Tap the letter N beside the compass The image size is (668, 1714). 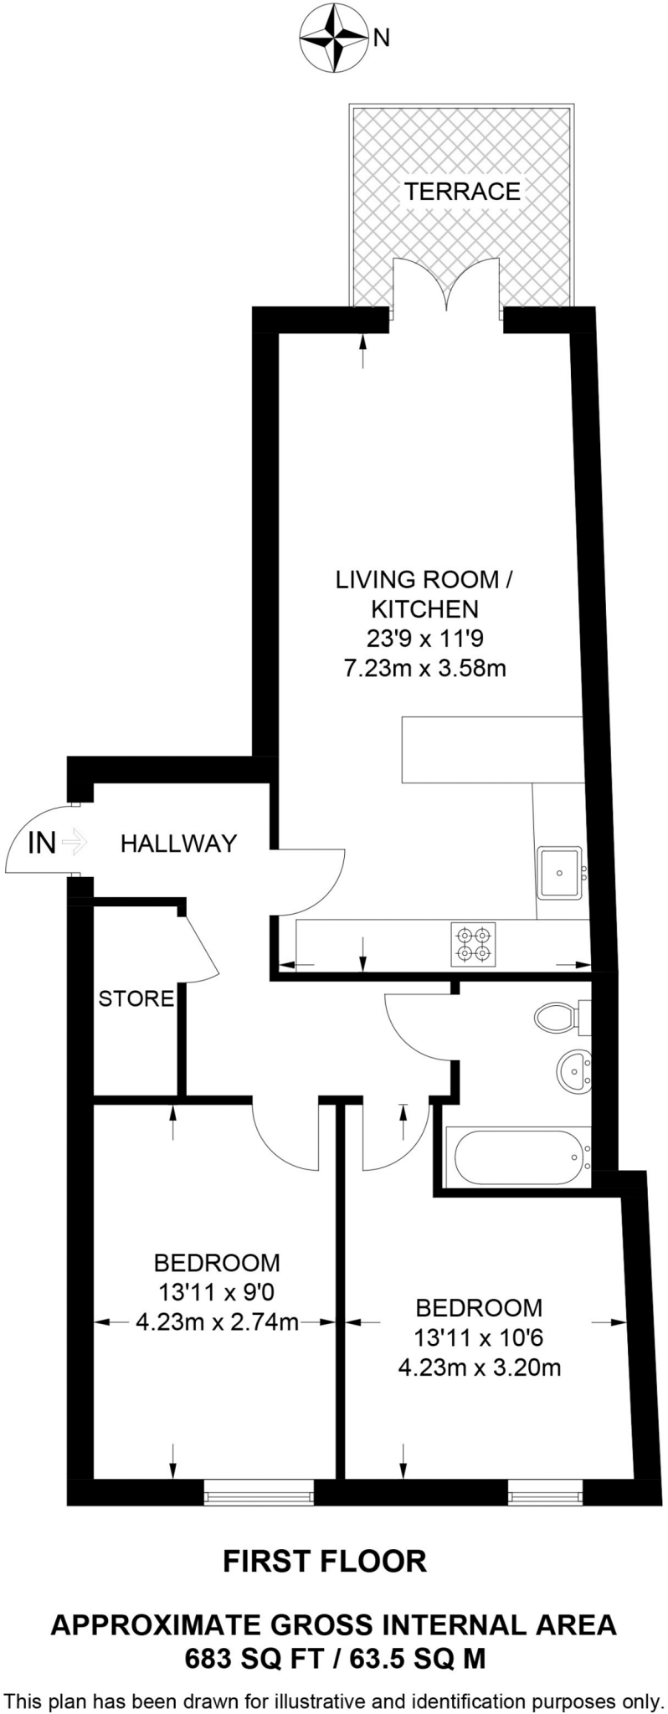(382, 37)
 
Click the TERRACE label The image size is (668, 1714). (462, 192)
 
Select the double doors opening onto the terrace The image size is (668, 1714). (447, 290)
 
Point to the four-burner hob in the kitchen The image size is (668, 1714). (474, 943)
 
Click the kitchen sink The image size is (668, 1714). (560, 872)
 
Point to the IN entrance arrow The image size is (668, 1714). (74, 842)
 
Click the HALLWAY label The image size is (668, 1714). (178, 844)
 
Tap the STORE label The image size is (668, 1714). (136, 998)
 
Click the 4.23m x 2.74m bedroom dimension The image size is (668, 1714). (217, 1322)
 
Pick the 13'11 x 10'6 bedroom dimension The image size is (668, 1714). (479, 1337)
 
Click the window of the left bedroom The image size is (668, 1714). (259, 1492)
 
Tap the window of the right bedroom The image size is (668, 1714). (544, 1492)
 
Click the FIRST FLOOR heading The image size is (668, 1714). (325, 1561)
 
